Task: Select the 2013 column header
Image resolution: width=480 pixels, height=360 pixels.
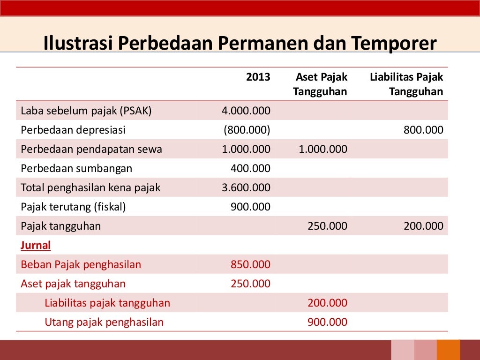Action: click(258, 77)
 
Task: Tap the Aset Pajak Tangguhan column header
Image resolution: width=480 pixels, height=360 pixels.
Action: click(321, 84)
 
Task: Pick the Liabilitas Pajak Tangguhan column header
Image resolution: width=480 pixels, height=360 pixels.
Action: click(406, 84)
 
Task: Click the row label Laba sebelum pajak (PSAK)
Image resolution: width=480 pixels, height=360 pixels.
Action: click(86, 111)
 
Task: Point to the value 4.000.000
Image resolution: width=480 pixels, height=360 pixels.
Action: click(246, 111)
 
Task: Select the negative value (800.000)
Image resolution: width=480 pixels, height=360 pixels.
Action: click(247, 130)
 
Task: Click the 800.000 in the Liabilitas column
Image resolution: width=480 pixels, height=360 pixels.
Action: click(423, 130)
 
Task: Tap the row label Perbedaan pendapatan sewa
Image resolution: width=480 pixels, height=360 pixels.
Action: click(91, 150)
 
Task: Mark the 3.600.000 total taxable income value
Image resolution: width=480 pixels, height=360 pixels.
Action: click(246, 188)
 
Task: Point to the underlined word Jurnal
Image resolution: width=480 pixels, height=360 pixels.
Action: click(36, 245)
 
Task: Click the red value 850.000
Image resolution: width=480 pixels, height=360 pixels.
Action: click(250, 265)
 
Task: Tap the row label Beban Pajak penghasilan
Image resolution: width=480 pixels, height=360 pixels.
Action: click(81, 265)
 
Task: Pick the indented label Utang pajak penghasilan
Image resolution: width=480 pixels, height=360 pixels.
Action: click(104, 322)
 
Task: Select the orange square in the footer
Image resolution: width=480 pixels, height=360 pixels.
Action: click(449, 350)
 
